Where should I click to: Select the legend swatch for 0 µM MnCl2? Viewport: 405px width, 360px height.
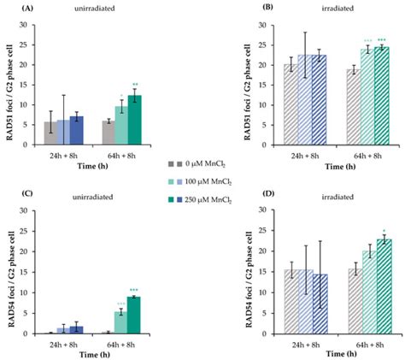point(171,162)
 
